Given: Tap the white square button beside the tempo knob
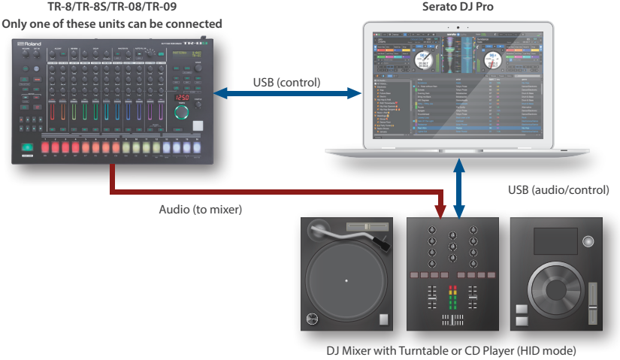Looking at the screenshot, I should (x=198, y=126).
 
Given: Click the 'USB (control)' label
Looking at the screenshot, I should (x=286, y=82).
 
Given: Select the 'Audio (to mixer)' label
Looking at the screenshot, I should (x=201, y=210).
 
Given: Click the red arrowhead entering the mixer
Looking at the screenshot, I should (x=442, y=211).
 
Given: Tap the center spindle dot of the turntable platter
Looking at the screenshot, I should (x=346, y=281).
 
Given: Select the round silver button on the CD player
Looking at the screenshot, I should (x=588, y=241).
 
